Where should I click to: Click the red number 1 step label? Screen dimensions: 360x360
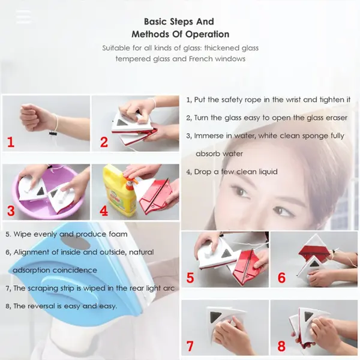10,143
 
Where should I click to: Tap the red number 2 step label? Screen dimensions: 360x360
104,143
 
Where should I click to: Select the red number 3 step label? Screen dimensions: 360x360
10,212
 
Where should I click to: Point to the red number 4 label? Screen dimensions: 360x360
104,212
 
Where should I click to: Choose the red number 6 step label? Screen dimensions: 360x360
281,278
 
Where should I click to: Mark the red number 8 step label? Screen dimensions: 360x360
281,346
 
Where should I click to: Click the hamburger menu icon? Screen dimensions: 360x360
23,16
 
